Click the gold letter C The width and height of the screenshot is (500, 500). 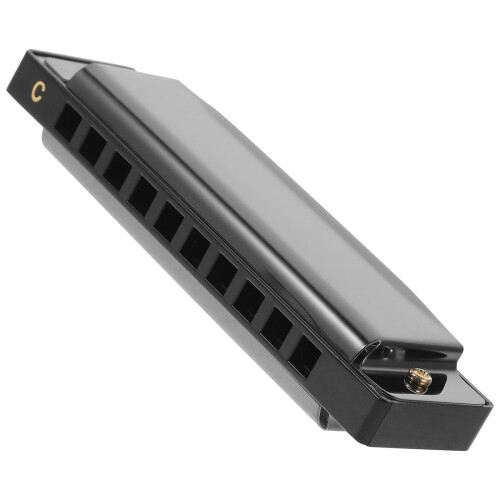[x=38, y=91]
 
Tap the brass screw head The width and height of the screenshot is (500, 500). [x=418, y=380]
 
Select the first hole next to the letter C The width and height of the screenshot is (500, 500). [x=68, y=122]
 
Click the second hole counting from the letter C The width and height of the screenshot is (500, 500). [x=93, y=146]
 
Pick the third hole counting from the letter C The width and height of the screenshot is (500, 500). [x=117, y=171]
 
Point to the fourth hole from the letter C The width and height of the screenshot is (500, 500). [x=143, y=196]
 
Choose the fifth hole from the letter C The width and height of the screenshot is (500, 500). [x=169, y=222]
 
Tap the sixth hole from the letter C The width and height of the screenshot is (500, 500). [x=195, y=248]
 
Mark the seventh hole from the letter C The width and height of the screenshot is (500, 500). [x=222, y=274]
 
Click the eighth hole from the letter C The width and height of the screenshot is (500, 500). [x=249, y=301]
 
